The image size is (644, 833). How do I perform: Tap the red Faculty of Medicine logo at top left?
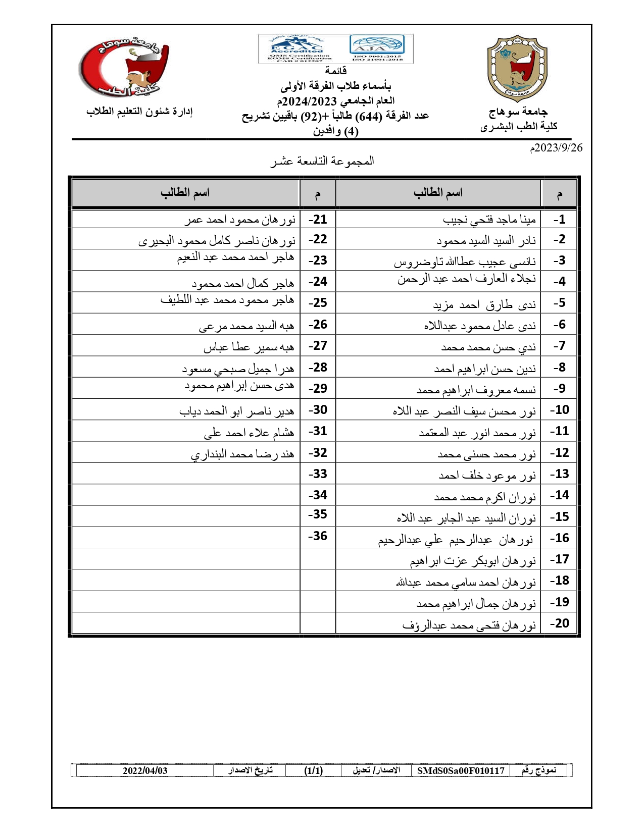[x=124, y=67]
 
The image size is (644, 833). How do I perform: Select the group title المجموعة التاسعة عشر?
[x=322, y=161]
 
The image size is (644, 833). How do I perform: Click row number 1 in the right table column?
[x=559, y=220]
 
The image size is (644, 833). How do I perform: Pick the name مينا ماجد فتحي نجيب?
[x=489, y=220]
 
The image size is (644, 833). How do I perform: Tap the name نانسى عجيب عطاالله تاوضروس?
[x=465, y=262]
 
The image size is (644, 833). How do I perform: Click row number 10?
[x=559, y=410]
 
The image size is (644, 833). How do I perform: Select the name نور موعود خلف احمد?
[x=487, y=475]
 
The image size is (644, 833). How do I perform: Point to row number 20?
[x=559, y=623]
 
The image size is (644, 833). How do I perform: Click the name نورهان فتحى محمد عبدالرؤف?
[x=469, y=626]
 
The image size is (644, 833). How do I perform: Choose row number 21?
[x=318, y=220]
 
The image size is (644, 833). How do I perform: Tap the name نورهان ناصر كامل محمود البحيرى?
[x=217, y=241]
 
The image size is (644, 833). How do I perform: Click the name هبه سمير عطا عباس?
[x=249, y=347]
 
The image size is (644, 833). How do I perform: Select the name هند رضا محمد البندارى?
[x=242, y=454]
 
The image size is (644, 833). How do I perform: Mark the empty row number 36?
[x=318, y=536]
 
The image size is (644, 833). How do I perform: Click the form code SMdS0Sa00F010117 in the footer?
[x=461, y=770]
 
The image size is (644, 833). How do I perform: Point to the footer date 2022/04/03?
[x=145, y=770]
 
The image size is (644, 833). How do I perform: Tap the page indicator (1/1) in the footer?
[x=313, y=770]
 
